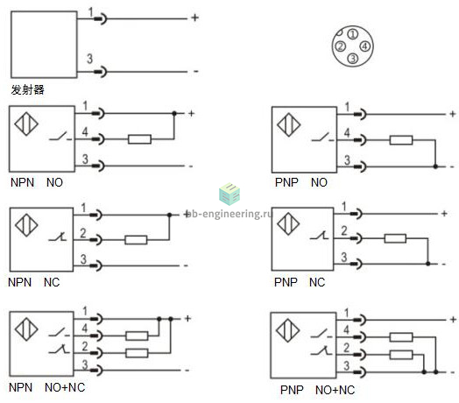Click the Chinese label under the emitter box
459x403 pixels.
pos(27,89)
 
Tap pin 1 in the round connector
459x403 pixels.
pos(353,34)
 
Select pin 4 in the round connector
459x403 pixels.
pos(364,46)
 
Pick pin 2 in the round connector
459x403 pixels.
pos(341,46)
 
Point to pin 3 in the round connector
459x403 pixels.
pos(353,59)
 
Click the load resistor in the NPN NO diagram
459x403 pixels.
pos(139,139)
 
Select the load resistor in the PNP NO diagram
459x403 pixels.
pos(401,140)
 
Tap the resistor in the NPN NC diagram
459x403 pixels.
pos(136,240)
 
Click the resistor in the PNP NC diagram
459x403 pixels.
pos(395,238)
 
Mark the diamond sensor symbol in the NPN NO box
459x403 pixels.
pos(26,124)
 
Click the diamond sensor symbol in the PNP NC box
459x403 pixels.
pos(288,224)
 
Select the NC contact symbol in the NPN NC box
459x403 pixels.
pos(58,237)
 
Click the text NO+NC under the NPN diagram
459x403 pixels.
pos(65,387)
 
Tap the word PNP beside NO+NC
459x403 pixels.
pos(292,390)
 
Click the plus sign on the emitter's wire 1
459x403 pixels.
pos(195,18)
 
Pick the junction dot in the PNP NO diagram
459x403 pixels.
pos(435,166)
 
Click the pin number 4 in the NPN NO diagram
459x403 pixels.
pos(85,131)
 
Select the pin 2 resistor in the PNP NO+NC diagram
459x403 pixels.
pos(401,355)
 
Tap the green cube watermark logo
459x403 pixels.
pos(229,194)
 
